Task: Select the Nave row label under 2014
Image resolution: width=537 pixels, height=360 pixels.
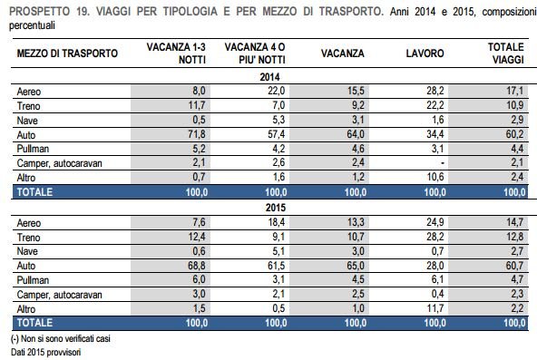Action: [27, 118]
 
